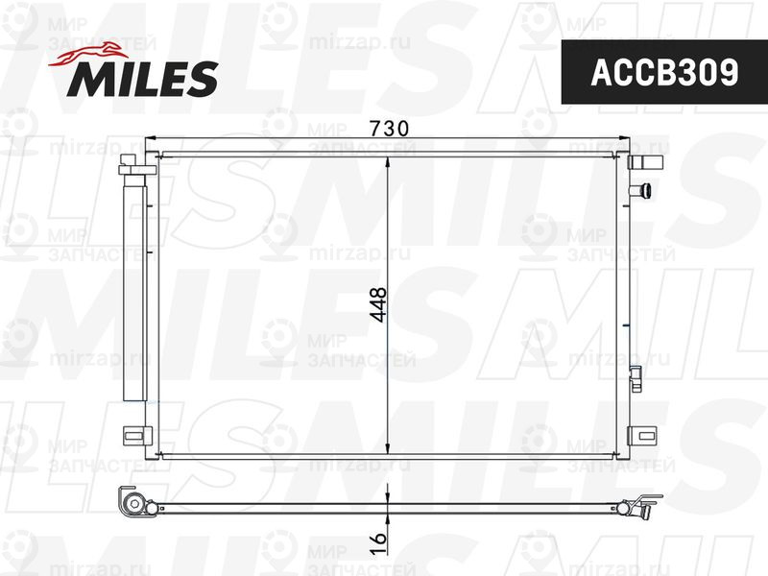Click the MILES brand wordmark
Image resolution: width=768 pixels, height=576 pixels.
141,79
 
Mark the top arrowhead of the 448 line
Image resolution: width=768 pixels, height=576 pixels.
386,160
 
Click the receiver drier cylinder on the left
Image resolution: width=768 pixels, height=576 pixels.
133,288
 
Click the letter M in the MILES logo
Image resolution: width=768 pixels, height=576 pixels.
87,80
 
